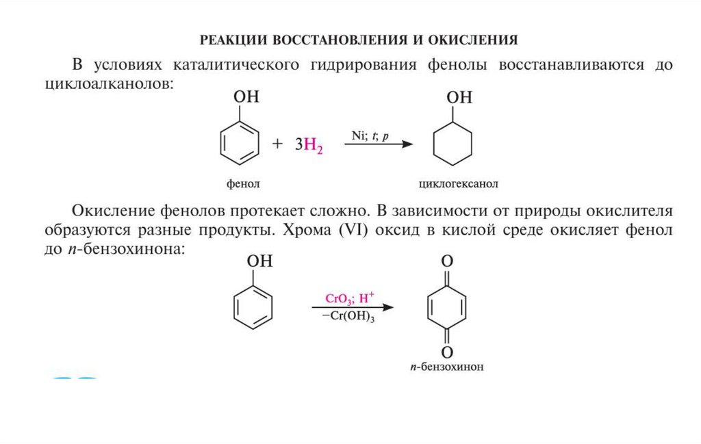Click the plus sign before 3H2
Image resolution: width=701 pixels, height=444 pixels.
coord(277,144)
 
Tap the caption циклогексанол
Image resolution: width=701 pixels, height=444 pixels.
coord(454,185)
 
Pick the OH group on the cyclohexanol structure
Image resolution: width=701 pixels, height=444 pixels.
coord(460,97)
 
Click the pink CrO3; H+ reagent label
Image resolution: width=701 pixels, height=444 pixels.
coord(349,299)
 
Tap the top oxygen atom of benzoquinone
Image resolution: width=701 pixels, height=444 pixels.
coord(447,261)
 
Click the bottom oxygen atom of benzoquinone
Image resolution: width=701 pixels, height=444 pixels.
coord(447,352)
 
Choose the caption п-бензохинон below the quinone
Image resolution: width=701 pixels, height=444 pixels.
coord(447,367)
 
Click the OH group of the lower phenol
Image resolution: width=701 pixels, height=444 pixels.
coord(260,261)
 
